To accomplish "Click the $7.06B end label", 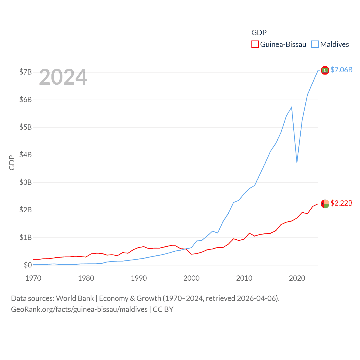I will [341, 70].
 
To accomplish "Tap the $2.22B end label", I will [341, 203].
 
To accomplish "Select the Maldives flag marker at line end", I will [325, 70].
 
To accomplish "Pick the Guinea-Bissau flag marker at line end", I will [325, 204].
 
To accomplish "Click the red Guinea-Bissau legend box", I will [255, 44].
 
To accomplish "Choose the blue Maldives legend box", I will [315, 44].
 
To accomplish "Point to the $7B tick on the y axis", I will [25, 72].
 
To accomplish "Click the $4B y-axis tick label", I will [25, 155].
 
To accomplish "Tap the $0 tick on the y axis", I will [28, 265].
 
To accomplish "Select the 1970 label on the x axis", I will [33, 278].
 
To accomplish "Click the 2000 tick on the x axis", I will [192, 278].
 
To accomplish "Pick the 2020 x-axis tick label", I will [297, 278].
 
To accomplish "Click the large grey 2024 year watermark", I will [63, 77].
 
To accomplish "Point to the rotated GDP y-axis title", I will [12, 163].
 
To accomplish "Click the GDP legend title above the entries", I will [259, 33].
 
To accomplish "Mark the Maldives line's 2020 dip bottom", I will [297, 162].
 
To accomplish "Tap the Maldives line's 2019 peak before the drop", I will [292, 107].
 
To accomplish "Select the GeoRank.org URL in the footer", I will [79, 309].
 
